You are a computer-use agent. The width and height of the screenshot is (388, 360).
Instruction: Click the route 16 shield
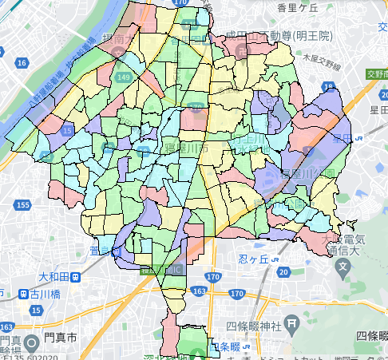pos(22,61)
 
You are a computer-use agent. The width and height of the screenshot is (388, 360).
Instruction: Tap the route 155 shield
pos(23,205)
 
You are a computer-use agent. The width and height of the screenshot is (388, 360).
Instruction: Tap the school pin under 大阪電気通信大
pos(343,265)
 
